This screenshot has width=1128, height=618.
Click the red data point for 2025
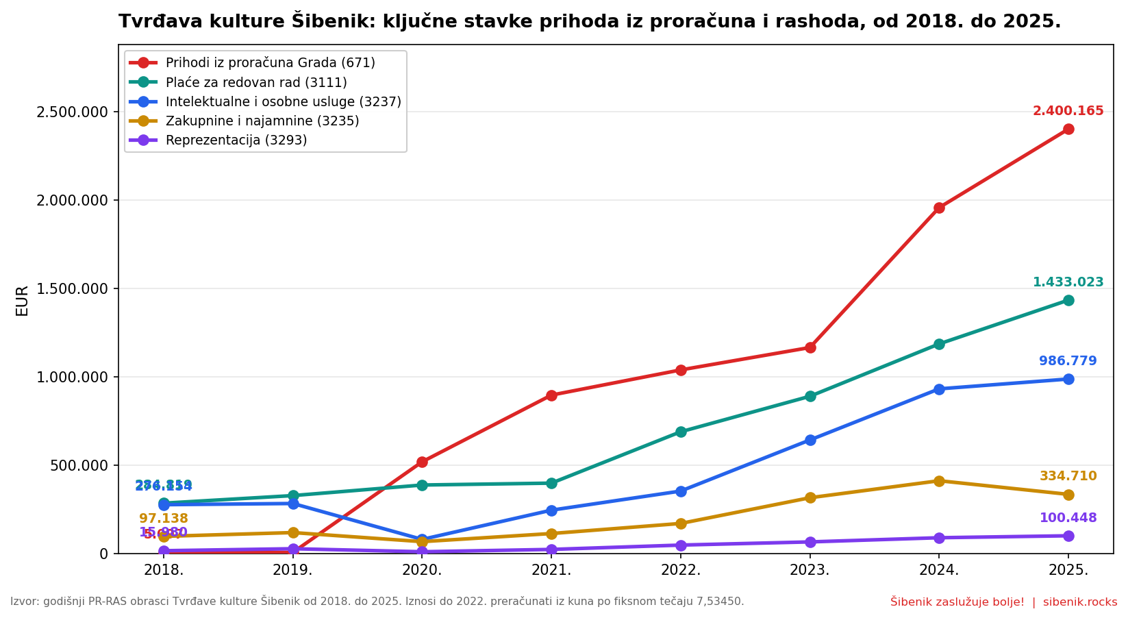click(1068, 129)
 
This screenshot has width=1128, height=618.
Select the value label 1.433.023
click(1068, 282)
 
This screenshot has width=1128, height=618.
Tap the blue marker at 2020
click(422, 539)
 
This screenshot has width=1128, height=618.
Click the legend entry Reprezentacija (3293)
click(236, 140)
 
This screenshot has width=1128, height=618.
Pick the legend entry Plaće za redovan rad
click(256, 83)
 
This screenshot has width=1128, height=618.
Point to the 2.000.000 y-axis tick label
click(72, 200)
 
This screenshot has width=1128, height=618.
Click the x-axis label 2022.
click(680, 571)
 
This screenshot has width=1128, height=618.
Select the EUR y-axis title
click(22, 300)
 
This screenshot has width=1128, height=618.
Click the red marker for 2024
click(939, 208)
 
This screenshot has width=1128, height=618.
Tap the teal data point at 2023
click(810, 396)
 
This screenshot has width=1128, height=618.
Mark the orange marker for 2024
click(939, 481)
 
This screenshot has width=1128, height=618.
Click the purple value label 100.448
click(1068, 518)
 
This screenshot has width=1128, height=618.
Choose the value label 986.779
click(1068, 361)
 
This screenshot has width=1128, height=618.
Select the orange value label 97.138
click(163, 519)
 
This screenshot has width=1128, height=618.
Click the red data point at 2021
click(551, 395)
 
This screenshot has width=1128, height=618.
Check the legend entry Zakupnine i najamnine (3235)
click(262, 121)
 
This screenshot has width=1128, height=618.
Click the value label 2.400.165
click(1068, 111)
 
